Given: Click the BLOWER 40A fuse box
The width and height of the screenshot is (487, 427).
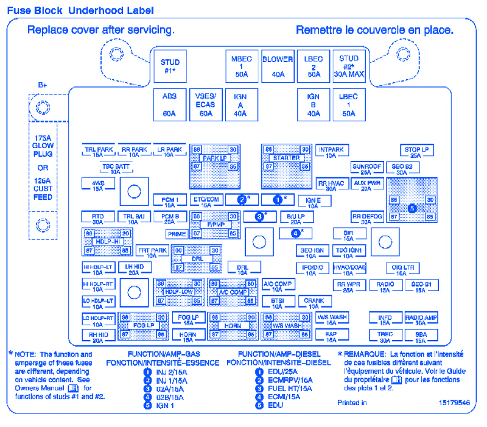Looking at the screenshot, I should [278, 66].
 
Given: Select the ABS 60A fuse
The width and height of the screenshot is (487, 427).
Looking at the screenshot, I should [169, 104].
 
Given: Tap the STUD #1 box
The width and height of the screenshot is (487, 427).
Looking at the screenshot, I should [170, 66].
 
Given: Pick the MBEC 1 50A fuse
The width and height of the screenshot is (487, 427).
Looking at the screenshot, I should [242, 66].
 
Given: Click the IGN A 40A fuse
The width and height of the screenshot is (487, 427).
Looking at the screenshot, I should [240, 104].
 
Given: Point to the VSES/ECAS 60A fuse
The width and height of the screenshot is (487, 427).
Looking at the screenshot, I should [206, 104].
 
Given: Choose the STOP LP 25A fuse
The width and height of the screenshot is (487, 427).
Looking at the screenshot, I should [416, 151].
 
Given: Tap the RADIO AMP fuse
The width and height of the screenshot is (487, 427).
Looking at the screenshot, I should [421, 319].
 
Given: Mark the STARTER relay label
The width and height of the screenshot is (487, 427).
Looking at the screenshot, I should [286, 158].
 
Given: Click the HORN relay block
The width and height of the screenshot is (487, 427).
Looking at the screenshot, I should [233, 326].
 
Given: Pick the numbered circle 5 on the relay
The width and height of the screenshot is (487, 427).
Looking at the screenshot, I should [412, 208].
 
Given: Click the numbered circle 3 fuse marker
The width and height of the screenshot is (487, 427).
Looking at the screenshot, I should [259, 216].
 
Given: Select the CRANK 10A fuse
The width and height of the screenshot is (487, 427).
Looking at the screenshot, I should [314, 302].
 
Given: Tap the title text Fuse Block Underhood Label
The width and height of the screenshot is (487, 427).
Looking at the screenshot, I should [80, 10].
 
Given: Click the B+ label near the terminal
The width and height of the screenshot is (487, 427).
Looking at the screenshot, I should [43, 85].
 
